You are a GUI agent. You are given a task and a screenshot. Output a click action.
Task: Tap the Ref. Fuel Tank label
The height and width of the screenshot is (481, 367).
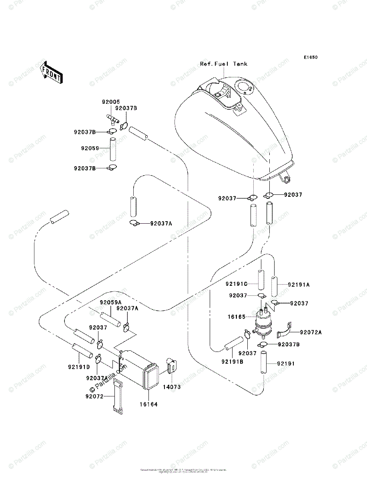click(x=224, y=64)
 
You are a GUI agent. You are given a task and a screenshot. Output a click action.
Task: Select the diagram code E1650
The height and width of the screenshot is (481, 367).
click(x=310, y=57)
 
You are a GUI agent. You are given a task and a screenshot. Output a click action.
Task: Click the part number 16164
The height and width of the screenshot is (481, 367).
click(x=148, y=404)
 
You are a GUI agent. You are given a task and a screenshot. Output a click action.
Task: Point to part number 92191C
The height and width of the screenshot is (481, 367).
click(x=235, y=284)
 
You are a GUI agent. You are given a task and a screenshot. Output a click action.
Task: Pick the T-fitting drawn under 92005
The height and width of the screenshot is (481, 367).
click(x=113, y=118)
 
